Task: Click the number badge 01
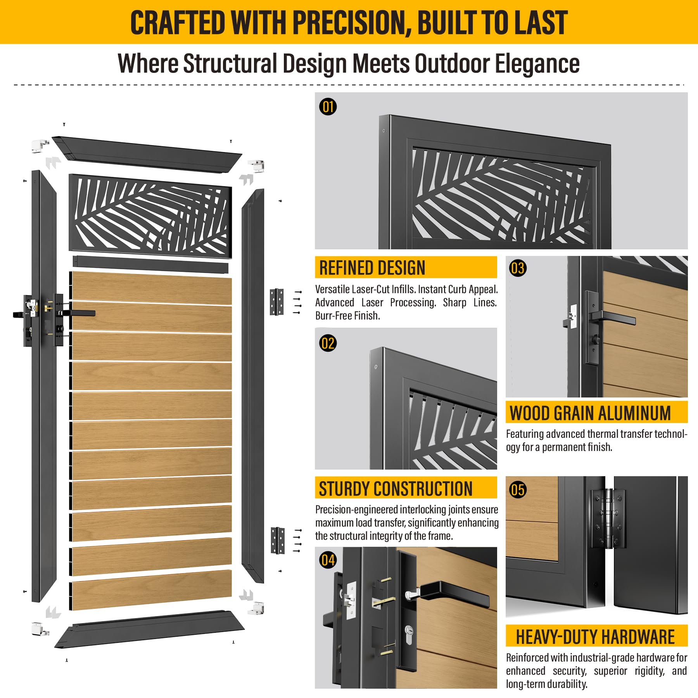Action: click(328, 107)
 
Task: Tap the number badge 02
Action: click(328, 343)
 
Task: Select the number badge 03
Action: click(518, 268)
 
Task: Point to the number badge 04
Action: click(328, 560)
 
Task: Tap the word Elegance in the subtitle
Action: click(537, 63)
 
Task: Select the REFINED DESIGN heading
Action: click(372, 268)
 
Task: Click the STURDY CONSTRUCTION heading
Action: click(396, 488)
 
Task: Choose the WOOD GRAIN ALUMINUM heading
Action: click(590, 413)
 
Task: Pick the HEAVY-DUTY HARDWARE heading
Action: click(595, 637)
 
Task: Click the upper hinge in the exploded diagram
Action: click(276, 302)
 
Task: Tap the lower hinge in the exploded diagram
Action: click(278, 540)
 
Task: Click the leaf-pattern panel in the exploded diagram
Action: click(150, 216)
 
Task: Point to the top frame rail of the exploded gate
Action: click(147, 154)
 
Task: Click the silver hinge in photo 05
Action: click(608, 519)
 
